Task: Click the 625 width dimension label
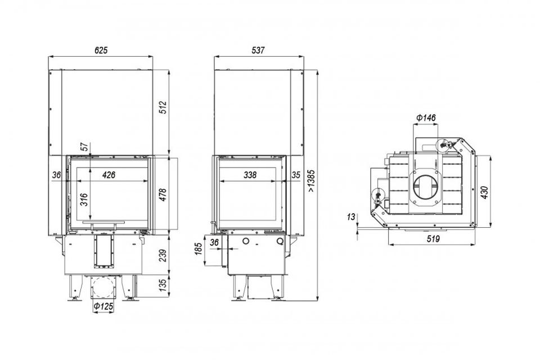point(101,50)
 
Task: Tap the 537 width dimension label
point(258,50)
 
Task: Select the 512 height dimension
point(163,107)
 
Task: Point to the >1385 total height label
point(311,180)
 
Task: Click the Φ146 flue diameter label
point(426,118)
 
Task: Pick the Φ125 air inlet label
point(103,306)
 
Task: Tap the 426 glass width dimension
point(109,175)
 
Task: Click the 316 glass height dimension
point(84,200)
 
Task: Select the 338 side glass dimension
point(250,175)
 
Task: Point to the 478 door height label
point(163,195)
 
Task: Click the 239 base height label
point(163,255)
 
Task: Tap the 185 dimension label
point(199,249)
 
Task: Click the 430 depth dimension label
point(484,192)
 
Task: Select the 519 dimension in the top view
point(433,238)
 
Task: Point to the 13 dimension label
point(351,217)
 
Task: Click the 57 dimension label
point(84,147)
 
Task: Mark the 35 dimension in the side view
point(296,175)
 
